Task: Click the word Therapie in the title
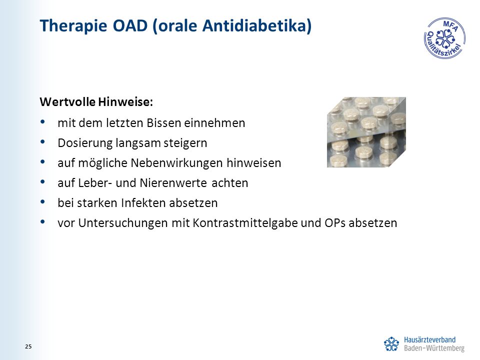(x=73, y=25)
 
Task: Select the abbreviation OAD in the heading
(x=130, y=25)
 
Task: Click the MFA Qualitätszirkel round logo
(x=444, y=38)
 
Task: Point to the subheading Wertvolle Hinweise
(x=96, y=102)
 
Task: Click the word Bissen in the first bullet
(x=164, y=123)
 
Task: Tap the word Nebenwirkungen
(x=176, y=163)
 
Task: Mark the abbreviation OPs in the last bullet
(x=335, y=223)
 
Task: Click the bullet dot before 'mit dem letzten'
(x=42, y=122)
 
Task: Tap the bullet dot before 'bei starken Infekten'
(x=42, y=201)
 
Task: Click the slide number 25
(x=28, y=346)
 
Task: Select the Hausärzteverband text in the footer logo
(x=430, y=340)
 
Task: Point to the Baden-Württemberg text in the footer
(x=434, y=348)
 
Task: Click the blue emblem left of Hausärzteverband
(x=391, y=344)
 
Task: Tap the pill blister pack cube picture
(x=366, y=132)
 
